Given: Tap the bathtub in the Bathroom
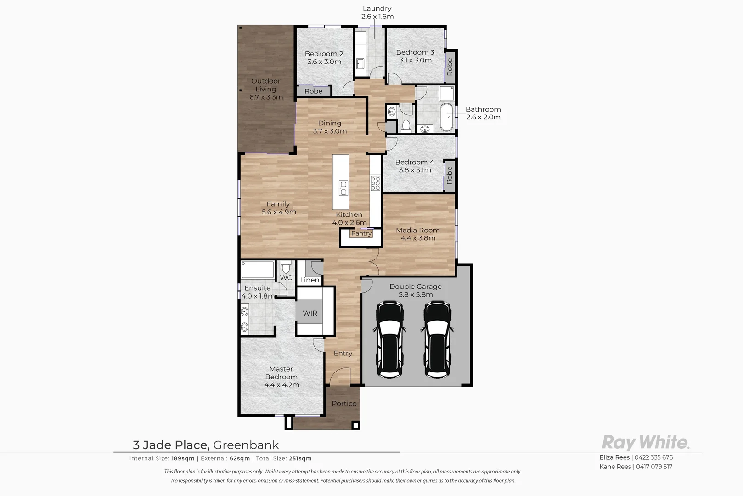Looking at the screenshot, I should coord(446,117).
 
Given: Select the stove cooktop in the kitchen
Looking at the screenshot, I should coord(376,183).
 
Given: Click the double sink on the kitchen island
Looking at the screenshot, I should coord(343,188).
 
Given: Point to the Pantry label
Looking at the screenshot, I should coord(361,233).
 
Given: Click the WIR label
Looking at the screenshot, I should coord(310,313).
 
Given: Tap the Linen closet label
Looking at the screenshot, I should coord(310,280).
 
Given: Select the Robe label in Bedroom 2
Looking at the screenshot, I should coord(314,91).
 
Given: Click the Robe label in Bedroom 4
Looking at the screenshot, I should coord(449,175).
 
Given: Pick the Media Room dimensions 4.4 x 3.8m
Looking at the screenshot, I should coord(418,238).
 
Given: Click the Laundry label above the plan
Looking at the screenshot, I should coord(377,8).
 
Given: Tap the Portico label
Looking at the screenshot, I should coord(344,404).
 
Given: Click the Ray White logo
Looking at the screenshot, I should coord(645,442).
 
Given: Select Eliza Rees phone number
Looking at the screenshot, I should coord(654,457).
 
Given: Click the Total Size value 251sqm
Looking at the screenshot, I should coord(300,458).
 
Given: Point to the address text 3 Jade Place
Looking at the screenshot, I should coord(171,445).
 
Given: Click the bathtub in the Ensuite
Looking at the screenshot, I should coord(258,270).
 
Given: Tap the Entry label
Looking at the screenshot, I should coord(343,353).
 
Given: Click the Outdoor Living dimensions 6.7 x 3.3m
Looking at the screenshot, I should coord(266,97).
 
